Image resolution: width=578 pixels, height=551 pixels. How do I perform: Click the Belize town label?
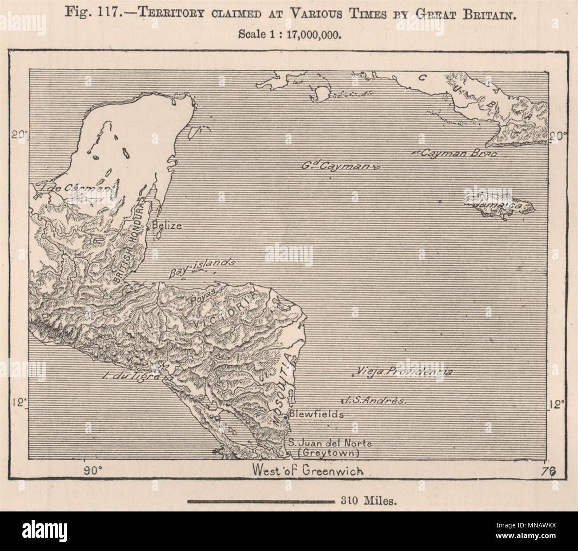(x=166, y=225)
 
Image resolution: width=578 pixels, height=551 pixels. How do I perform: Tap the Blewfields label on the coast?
(x=316, y=414)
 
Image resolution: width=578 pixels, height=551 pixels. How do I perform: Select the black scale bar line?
(x=261, y=502)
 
